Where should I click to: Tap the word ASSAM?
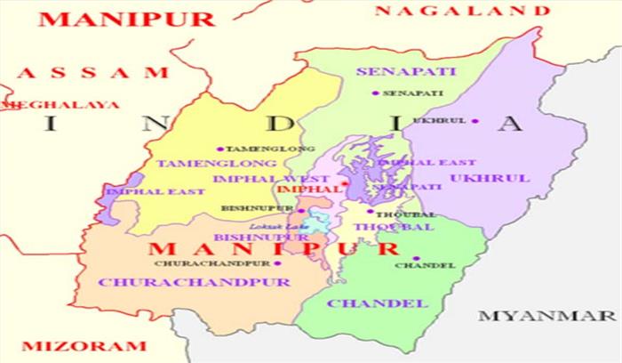(92, 73)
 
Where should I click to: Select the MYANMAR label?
(547, 316)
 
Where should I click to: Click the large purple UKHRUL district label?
(490, 178)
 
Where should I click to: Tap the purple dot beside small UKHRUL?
(475, 121)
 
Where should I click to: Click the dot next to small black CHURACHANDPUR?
(277, 263)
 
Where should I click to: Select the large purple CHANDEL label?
(377, 303)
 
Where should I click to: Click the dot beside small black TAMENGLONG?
(220, 149)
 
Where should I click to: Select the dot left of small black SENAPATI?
(376, 93)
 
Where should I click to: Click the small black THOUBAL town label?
(395, 215)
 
